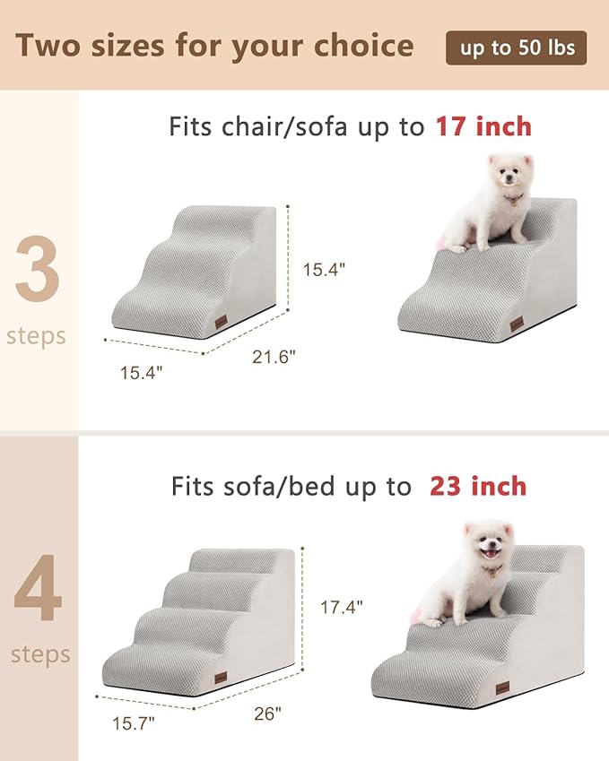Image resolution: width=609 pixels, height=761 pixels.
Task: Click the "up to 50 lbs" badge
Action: (x=517, y=48)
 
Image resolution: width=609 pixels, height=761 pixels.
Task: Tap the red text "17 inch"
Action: (x=483, y=126)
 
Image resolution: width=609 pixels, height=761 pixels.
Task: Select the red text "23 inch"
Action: (x=477, y=486)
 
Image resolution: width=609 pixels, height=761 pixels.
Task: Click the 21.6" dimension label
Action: (x=274, y=356)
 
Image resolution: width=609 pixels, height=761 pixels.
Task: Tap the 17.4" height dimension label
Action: (x=342, y=607)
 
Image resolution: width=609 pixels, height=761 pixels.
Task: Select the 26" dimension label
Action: (x=266, y=713)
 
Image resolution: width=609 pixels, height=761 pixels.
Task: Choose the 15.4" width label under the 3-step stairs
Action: (x=143, y=372)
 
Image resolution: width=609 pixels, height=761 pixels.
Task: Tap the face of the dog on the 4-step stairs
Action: (x=486, y=545)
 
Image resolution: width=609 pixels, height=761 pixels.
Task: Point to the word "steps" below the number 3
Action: (x=36, y=336)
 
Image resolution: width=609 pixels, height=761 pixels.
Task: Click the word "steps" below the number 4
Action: (x=39, y=654)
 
